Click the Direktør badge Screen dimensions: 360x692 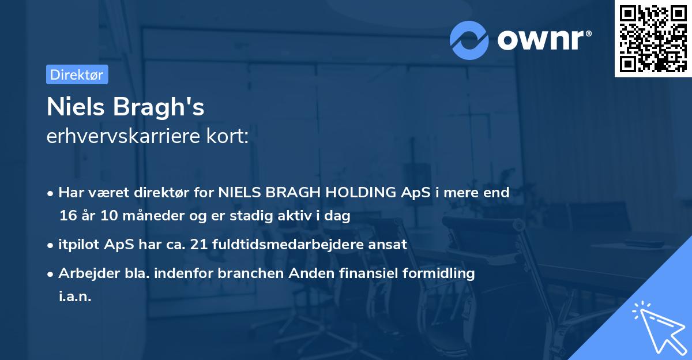77,74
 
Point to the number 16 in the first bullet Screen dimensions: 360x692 67,216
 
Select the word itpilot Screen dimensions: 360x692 80,244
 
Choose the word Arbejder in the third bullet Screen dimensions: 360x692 84,273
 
